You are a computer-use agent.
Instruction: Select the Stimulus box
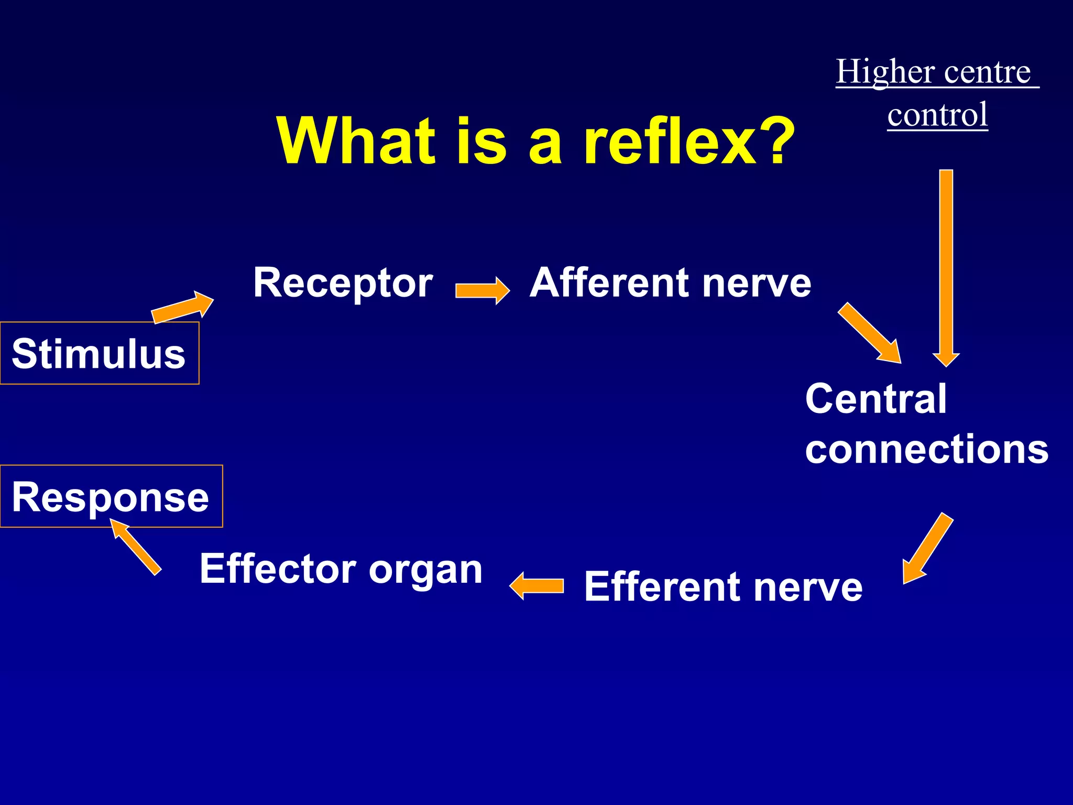[99, 353]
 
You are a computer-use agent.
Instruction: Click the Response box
[111, 496]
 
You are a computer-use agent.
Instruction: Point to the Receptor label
[343, 283]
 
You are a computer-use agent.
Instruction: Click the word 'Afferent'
[610, 283]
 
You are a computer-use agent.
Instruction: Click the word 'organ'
[425, 571]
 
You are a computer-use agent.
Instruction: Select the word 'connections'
[927, 449]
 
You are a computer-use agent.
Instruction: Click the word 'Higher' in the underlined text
[885, 72]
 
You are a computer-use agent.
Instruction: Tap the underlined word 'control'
[937, 115]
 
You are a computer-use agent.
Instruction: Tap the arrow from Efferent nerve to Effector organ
[537, 585]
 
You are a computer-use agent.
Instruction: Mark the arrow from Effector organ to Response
[135, 547]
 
